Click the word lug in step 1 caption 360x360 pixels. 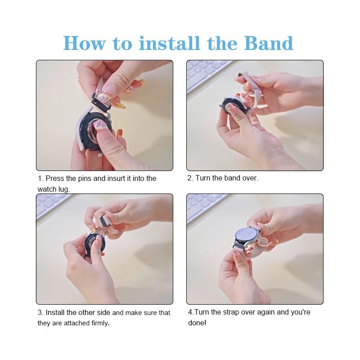[64, 189]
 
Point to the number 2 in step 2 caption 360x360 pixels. [189, 178]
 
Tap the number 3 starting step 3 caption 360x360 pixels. [40, 312]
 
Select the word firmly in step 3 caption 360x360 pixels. [100, 323]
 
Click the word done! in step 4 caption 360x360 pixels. [197, 323]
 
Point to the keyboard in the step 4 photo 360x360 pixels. [207, 207]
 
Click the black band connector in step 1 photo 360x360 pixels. [102, 103]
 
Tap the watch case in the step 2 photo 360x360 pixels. [232, 108]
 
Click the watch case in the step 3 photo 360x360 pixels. [94, 243]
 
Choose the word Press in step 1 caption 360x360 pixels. [54, 178]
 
